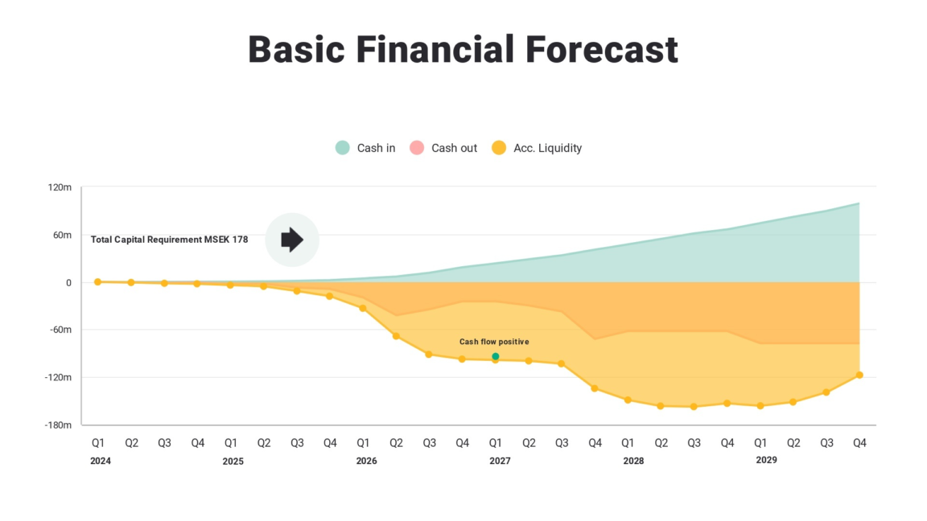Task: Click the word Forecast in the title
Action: click(x=602, y=50)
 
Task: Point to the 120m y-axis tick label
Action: click(x=60, y=187)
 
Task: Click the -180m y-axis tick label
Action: click(x=58, y=425)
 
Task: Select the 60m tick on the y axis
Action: click(x=62, y=235)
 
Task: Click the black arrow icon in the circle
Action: click(x=292, y=239)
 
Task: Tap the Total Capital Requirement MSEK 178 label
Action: click(x=169, y=240)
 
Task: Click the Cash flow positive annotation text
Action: click(x=494, y=342)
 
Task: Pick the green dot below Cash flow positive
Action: click(x=496, y=356)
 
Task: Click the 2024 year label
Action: click(x=101, y=461)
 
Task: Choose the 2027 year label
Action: click(x=500, y=461)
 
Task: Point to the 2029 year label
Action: click(x=766, y=460)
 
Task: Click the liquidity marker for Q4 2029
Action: click(x=859, y=375)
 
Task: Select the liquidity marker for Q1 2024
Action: click(x=97, y=282)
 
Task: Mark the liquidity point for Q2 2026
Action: click(x=396, y=336)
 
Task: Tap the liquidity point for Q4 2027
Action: click(x=595, y=388)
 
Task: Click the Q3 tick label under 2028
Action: click(x=694, y=442)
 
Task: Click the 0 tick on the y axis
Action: click(x=69, y=282)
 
